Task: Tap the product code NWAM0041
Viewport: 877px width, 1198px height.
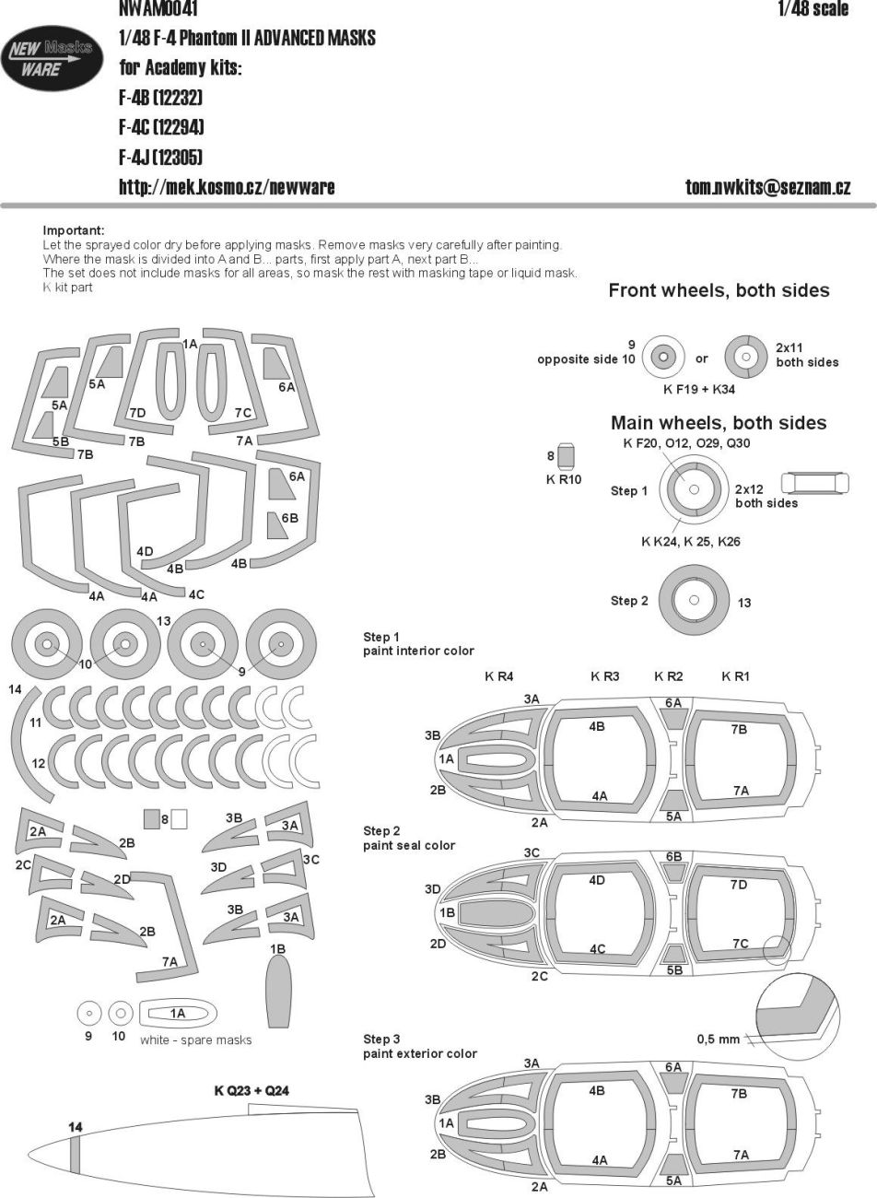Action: tap(157, 9)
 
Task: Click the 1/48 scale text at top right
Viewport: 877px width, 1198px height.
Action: tap(813, 9)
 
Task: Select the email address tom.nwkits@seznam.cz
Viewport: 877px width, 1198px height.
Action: tap(767, 187)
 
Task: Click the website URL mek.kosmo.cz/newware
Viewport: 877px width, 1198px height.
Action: tap(227, 187)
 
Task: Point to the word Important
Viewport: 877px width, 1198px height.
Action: tap(74, 230)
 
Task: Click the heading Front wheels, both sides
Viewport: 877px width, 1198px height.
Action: tap(719, 291)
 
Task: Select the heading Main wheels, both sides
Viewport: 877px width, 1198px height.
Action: tap(719, 424)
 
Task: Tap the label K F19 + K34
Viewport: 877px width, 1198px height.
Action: tap(698, 390)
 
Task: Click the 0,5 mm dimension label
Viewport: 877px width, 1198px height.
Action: tap(718, 1039)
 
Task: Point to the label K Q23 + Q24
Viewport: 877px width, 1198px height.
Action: tap(251, 1091)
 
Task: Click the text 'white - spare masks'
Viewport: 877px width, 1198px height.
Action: tap(195, 1039)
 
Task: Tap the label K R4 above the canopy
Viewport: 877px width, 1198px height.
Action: tap(499, 676)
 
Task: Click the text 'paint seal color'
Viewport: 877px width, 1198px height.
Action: tap(409, 845)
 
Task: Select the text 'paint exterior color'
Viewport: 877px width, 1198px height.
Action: tap(420, 1053)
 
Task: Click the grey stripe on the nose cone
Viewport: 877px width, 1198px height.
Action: tap(76, 1157)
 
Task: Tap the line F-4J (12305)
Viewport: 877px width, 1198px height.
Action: tap(160, 157)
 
